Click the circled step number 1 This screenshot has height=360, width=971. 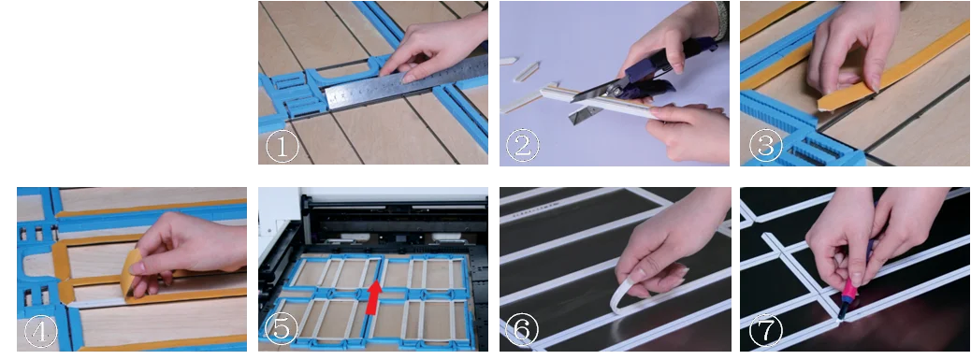pyautogui.click(x=282, y=147)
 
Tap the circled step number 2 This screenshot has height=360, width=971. pyautogui.click(x=523, y=147)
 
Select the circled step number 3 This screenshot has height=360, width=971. pyautogui.click(x=763, y=147)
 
